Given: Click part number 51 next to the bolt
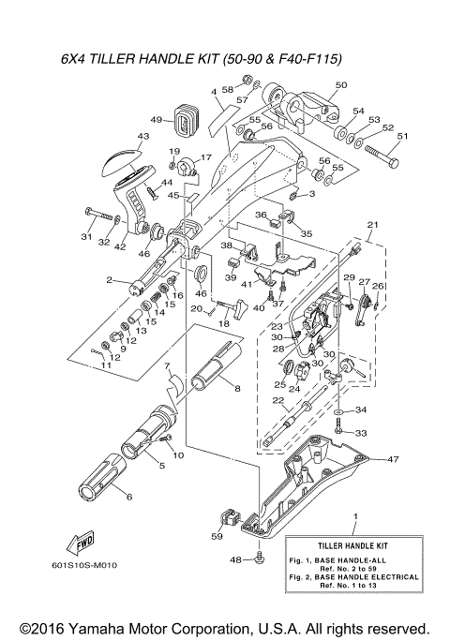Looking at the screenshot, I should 404,137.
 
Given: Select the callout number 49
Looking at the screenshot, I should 157,120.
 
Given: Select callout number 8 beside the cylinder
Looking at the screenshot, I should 237,388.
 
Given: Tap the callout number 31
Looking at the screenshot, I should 85,237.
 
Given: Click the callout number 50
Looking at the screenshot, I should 340,85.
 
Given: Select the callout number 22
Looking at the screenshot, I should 277,402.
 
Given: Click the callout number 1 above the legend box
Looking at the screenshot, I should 355,516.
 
